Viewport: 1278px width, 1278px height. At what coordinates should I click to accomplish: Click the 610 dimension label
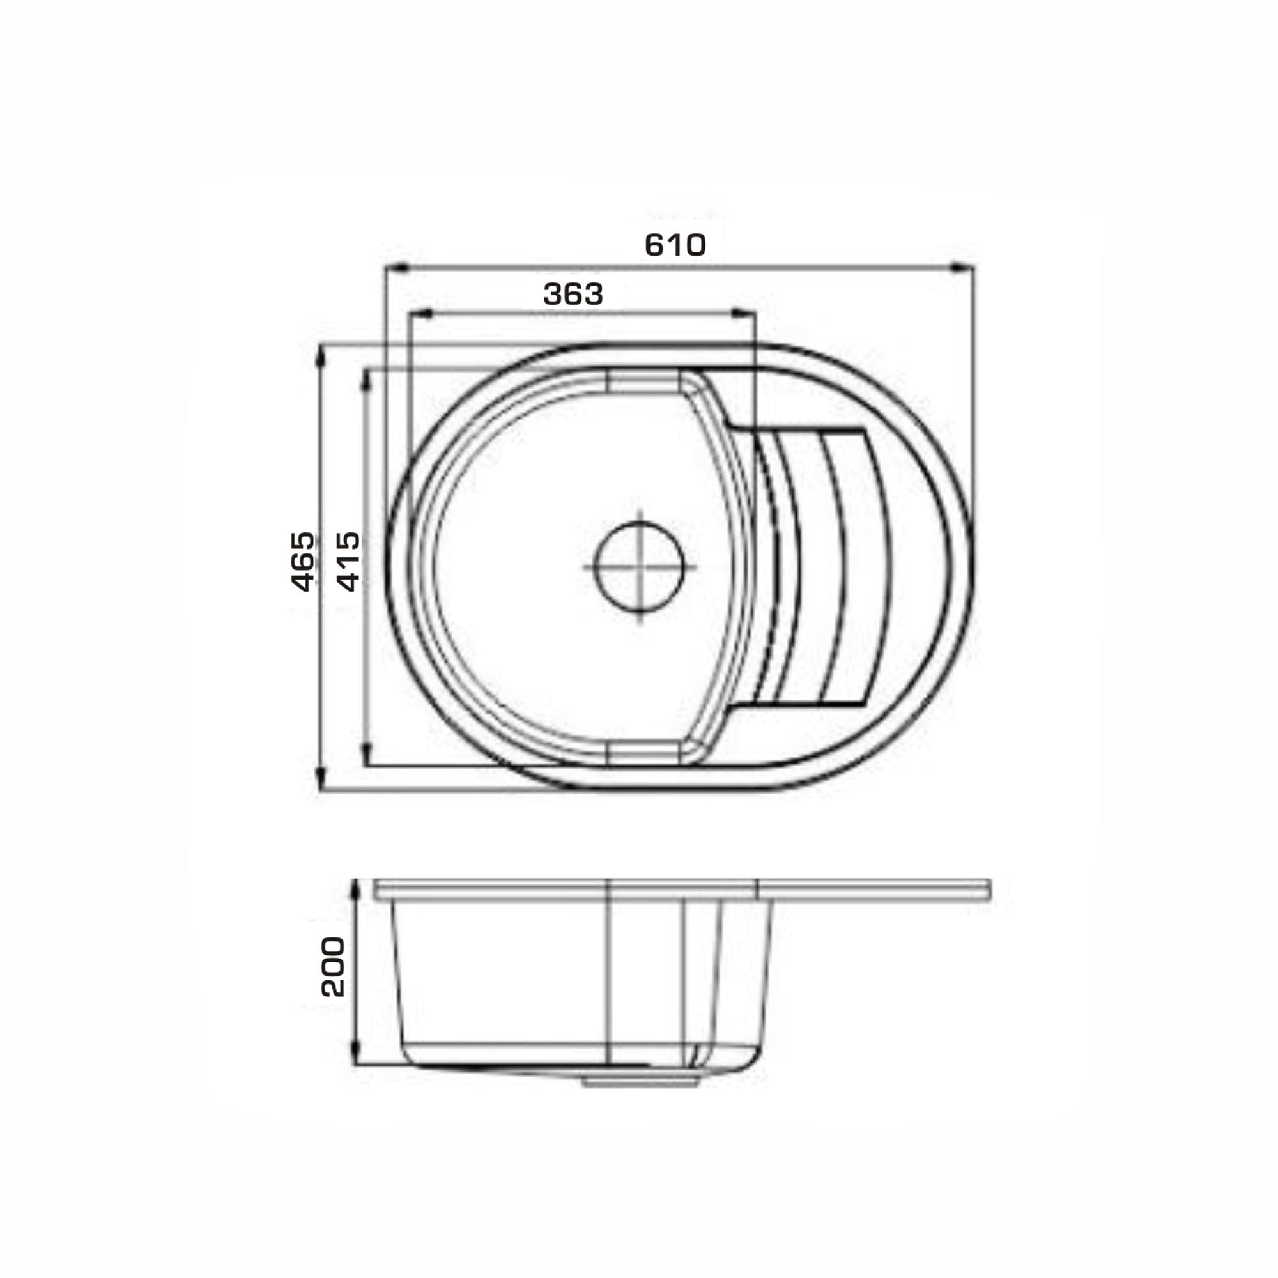675,245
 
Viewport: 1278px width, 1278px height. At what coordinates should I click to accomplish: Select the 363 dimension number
573,295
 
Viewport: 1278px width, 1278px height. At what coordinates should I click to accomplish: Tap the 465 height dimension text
303,561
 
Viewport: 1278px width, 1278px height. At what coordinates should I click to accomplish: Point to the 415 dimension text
349,561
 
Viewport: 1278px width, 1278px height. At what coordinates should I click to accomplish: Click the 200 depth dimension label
333,966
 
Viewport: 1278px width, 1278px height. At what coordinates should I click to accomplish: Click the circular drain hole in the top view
639,566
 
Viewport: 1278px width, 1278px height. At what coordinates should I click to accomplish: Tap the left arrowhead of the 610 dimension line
396,267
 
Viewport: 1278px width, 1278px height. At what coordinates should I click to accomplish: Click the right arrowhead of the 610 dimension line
962,267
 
